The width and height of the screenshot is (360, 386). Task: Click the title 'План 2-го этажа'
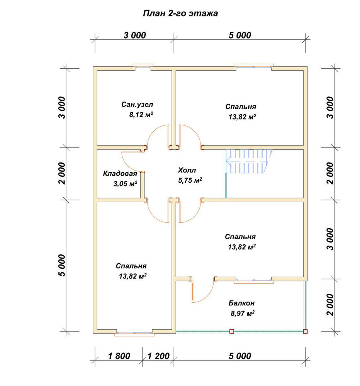(x=180, y=13)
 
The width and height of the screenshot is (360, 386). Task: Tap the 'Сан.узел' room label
(x=137, y=104)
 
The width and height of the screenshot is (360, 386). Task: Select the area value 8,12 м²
(x=141, y=115)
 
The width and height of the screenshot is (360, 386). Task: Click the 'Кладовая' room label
(x=120, y=173)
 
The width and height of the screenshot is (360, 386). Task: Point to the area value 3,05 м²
(x=125, y=183)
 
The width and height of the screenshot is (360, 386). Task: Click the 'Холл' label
(x=187, y=170)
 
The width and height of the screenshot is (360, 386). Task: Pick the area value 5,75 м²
(x=190, y=180)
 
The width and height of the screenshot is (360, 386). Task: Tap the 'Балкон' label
(x=241, y=303)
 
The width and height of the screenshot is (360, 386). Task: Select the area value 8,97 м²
(x=243, y=313)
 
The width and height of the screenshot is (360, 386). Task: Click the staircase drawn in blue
(x=249, y=161)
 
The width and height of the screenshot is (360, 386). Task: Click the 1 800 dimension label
(x=119, y=356)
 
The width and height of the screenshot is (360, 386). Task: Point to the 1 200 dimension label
(x=158, y=356)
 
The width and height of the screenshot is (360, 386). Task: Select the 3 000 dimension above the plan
(x=135, y=35)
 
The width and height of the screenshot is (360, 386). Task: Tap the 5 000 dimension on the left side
(x=62, y=266)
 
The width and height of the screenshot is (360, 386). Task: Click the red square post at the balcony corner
(x=305, y=331)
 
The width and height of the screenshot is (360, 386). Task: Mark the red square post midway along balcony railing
(x=232, y=331)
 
